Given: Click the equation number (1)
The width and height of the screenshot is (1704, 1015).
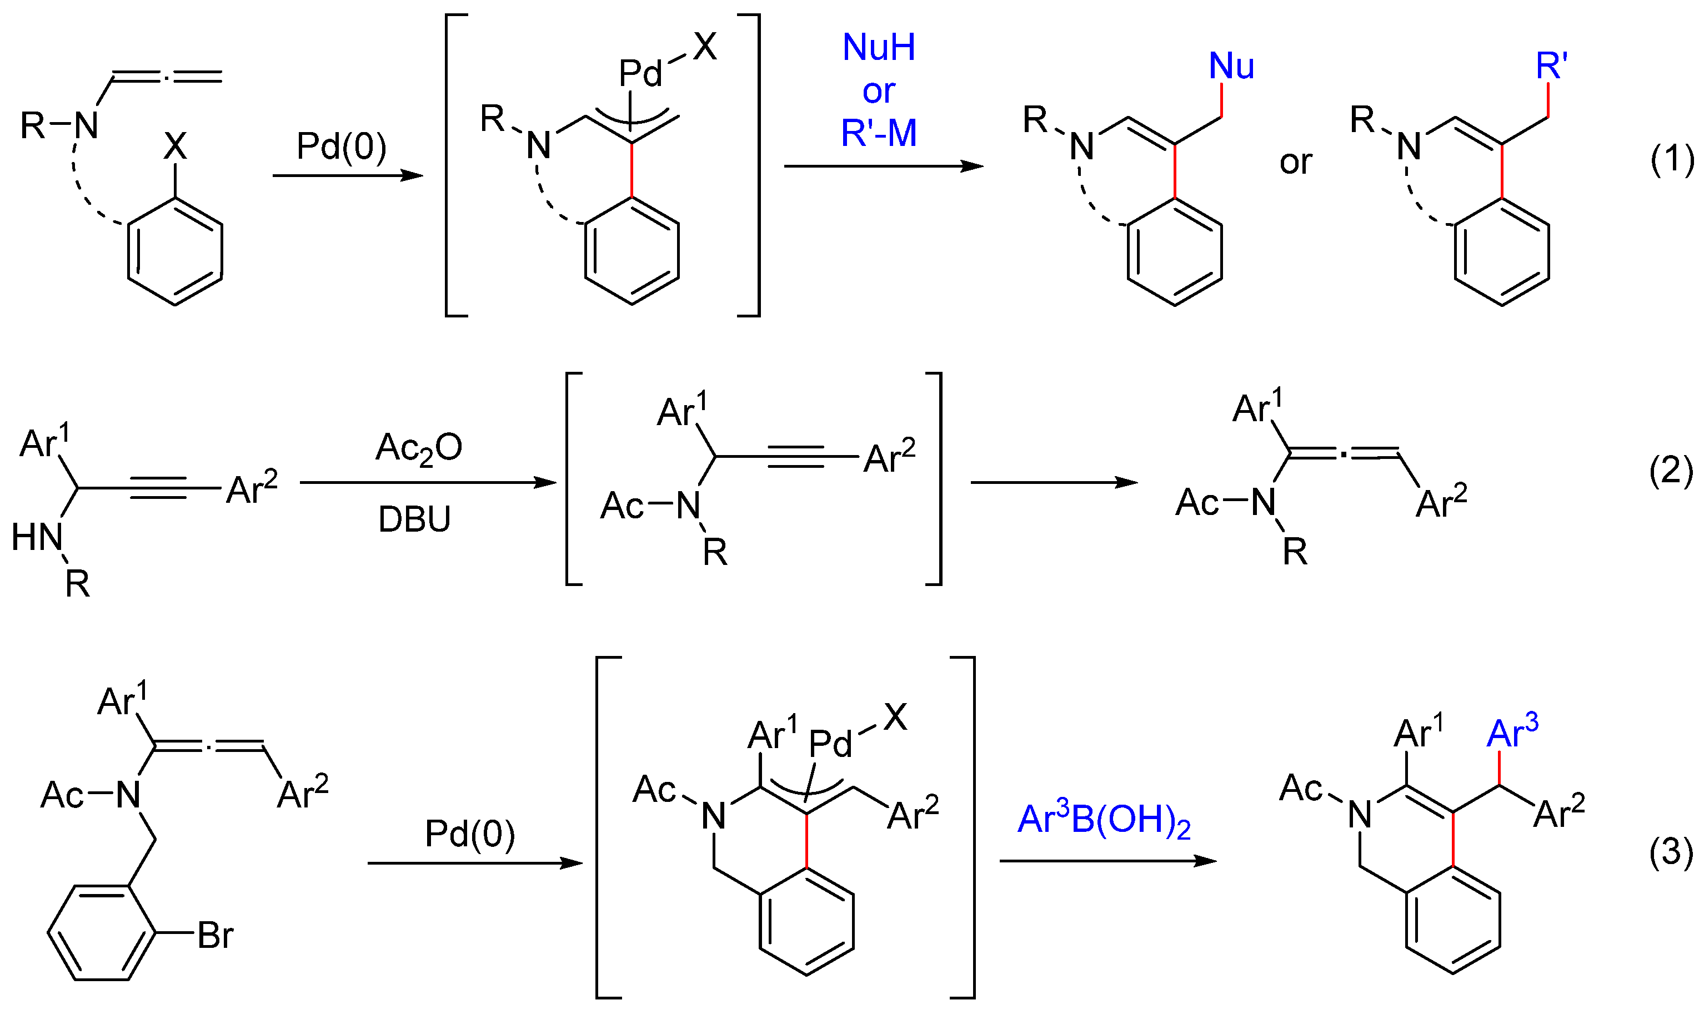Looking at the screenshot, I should click(1671, 161).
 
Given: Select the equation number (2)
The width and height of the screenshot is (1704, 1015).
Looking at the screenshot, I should click(1671, 471).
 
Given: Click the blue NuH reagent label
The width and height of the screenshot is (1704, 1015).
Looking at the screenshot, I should click(879, 48).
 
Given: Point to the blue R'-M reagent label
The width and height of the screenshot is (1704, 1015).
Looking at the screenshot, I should click(879, 133).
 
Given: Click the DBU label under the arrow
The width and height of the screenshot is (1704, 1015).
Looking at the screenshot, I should click(415, 520).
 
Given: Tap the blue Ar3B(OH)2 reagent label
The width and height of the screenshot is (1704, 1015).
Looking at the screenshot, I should click(1104, 820).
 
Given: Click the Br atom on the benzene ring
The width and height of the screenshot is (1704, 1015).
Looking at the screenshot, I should click(215, 936).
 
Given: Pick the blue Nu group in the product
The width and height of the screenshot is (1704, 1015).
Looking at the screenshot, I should click(1231, 67).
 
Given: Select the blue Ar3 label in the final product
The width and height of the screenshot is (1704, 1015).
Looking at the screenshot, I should click(1512, 733).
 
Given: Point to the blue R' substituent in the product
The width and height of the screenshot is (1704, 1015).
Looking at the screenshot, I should click(1551, 67).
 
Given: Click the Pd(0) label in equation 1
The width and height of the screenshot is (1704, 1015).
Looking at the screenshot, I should click(342, 147).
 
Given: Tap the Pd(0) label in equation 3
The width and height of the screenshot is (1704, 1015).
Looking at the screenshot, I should click(470, 834).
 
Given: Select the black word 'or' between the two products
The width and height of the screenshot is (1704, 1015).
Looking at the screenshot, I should click(1295, 163).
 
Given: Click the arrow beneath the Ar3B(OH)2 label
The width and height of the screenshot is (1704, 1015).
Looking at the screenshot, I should click(1108, 860).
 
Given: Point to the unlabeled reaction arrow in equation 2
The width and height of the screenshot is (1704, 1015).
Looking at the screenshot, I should click(1054, 483).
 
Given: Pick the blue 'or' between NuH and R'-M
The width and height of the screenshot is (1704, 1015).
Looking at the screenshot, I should click(879, 92).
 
